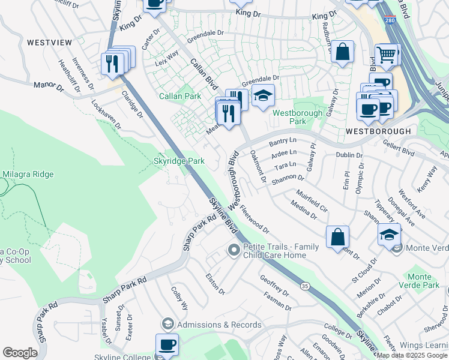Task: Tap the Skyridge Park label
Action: click(179, 161)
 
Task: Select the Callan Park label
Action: click(180, 96)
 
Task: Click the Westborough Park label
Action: click(289, 117)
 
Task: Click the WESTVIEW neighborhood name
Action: click(49, 43)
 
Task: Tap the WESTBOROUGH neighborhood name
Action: click(378, 131)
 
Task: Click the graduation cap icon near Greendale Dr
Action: click(262, 95)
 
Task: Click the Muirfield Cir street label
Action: click(312, 202)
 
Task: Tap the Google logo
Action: click(20, 353)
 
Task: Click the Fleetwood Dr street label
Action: click(254, 219)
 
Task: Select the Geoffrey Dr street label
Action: click(274, 281)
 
